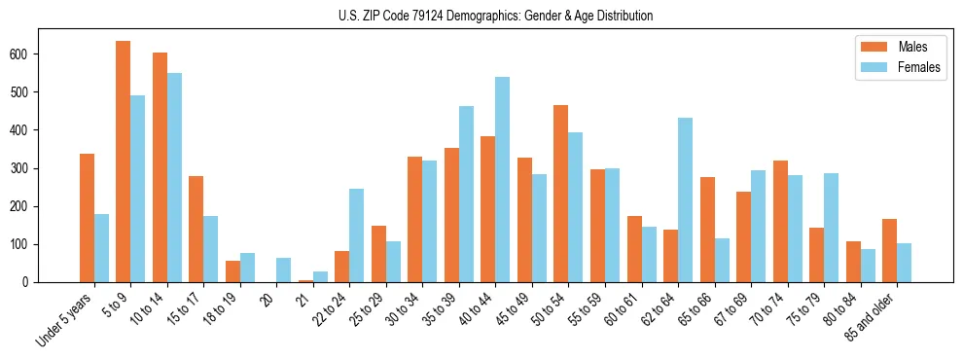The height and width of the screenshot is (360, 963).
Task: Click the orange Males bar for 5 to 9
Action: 124,162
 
